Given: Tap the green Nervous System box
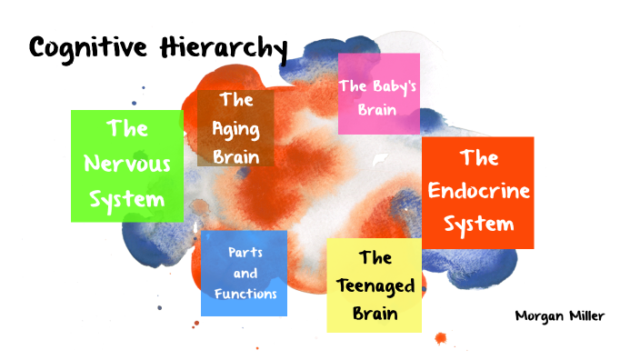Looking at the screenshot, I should (126, 165).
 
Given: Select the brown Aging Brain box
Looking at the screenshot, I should (235, 127).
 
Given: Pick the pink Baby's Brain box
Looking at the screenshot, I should (378, 94).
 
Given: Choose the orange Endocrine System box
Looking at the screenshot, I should (477, 192).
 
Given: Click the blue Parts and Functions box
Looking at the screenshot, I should (245, 273).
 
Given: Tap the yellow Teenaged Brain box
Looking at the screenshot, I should (374, 285).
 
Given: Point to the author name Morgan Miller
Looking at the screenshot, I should (559, 315).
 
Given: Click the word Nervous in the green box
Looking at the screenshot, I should (126, 165).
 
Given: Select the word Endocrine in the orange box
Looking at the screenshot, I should (478, 191).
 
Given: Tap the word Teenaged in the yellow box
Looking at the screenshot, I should (375, 285).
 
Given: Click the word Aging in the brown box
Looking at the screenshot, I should (236, 128).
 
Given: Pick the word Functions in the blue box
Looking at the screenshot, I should (245, 293).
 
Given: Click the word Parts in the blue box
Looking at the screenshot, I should (245, 253).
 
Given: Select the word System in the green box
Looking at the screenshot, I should (126, 198).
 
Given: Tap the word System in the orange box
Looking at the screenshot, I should (478, 223).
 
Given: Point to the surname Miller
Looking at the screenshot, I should (585, 315).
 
